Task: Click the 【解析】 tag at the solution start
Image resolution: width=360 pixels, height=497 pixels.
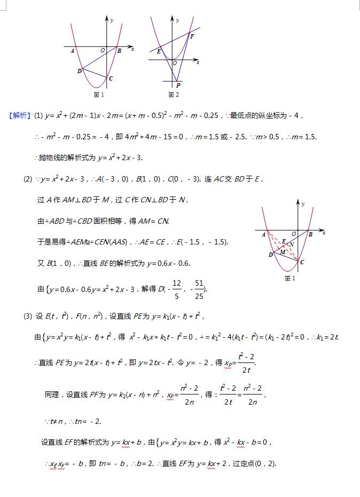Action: tap(20, 115)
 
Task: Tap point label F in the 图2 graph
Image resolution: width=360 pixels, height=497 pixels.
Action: tap(192, 36)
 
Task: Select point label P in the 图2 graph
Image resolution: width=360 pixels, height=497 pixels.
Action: tap(178, 85)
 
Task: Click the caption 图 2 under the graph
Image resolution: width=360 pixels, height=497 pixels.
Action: tap(173, 95)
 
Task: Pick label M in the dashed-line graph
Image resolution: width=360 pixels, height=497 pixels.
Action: tap(283, 252)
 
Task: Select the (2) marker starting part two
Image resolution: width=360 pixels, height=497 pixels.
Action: tap(28, 179)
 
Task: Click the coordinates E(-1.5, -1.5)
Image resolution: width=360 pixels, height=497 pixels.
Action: tap(199, 242)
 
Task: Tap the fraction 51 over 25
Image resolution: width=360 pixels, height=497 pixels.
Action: tap(199, 289)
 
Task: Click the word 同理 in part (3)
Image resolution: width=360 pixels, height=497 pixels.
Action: tap(52, 395)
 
